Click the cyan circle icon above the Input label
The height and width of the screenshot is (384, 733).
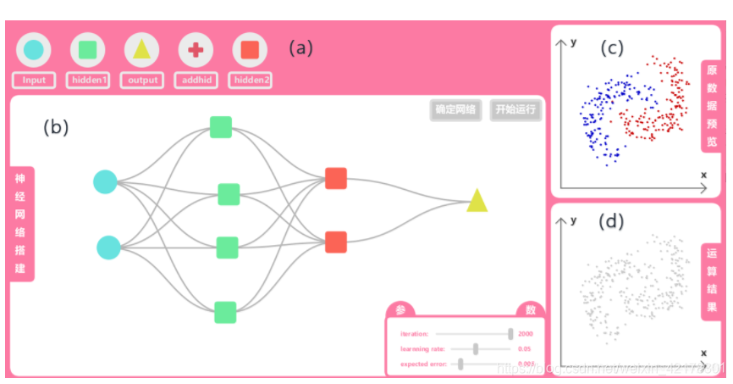coord(34,50)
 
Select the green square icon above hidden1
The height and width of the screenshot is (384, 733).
coord(88,50)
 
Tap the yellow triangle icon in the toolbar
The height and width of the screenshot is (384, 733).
coord(142,50)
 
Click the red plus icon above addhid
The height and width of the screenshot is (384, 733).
coord(196,50)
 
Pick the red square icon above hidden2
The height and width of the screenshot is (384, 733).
coord(250,50)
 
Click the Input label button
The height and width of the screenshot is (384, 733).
coord(34,81)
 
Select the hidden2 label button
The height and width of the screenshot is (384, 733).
coord(251,81)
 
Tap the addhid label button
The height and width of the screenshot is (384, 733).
coord(196,81)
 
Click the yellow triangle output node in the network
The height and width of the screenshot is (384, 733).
coord(477,202)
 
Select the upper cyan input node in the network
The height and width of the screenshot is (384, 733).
coord(105,181)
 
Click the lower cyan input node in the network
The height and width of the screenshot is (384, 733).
coord(108,248)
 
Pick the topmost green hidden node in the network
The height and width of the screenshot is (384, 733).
coord(221,127)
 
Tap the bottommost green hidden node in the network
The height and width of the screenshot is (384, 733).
coord(225,312)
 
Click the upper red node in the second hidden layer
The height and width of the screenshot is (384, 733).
coord(336,179)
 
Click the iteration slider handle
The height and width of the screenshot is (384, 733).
coord(510,334)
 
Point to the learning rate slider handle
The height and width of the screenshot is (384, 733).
coord(477,348)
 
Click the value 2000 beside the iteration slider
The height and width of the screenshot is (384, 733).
coord(526,334)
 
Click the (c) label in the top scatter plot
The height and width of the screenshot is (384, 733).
coord(612,48)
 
